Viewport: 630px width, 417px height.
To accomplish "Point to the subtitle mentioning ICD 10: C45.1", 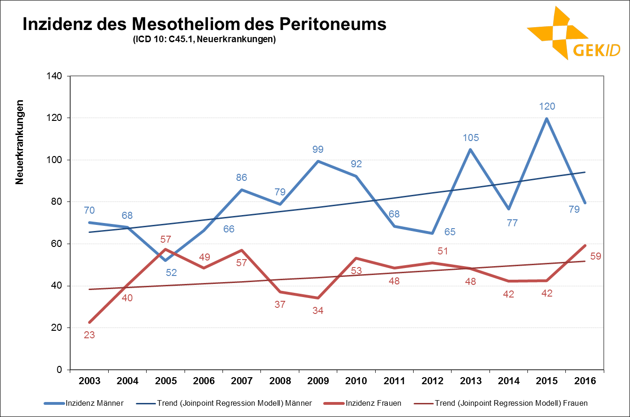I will point(204,39).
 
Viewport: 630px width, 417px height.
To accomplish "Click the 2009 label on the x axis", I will point(318,381).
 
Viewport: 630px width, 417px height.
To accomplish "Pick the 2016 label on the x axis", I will point(585,381).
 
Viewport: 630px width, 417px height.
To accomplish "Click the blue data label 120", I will point(547,106).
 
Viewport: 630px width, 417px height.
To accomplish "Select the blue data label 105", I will point(470,138).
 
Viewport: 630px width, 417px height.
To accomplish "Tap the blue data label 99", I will point(318,150).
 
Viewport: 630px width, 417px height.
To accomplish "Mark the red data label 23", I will point(89,335).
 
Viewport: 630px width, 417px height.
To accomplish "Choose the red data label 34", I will point(318,311).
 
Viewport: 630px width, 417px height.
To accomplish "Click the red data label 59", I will point(595,256).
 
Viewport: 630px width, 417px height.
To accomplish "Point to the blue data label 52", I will point(171,272).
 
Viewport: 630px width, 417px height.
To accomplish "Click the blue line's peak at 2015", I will point(547,119).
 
